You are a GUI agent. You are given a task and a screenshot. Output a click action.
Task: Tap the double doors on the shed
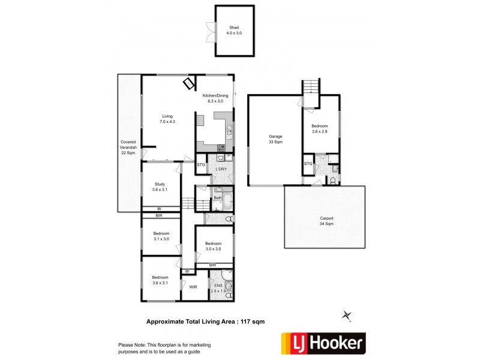point(210,32)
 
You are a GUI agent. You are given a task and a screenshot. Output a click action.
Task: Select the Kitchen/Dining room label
point(214,99)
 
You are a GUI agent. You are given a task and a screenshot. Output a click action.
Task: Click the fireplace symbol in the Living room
point(189,84)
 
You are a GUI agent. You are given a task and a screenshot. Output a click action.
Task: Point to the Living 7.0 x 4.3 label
point(167,119)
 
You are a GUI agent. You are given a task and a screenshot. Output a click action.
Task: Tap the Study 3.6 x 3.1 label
point(160,187)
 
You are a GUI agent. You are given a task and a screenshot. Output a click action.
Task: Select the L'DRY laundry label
point(221,169)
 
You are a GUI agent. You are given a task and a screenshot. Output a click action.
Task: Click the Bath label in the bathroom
point(218,197)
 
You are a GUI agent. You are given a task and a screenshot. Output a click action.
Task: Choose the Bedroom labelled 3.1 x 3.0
point(160,236)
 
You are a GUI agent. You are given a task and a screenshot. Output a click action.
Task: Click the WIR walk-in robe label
point(193,287)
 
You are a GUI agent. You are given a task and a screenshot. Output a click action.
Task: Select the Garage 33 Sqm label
point(275,139)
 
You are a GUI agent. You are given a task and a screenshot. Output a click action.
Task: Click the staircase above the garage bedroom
point(310,88)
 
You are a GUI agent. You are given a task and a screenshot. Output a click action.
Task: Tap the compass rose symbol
point(346,315)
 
